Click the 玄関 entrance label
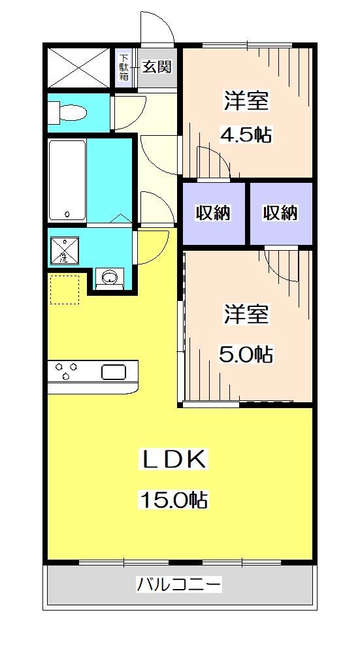point(157,66)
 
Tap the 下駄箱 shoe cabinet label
point(123,66)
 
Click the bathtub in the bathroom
point(67,179)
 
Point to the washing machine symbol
point(64,250)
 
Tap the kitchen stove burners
point(65,371)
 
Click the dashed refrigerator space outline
point(65,289)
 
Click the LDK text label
point(174,460)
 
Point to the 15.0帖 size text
point(173,500)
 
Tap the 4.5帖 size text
point(246,135)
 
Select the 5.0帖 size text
point(246,355)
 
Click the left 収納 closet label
point(214,213)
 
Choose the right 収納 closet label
point(280,213)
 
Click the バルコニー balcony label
point(178,583)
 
